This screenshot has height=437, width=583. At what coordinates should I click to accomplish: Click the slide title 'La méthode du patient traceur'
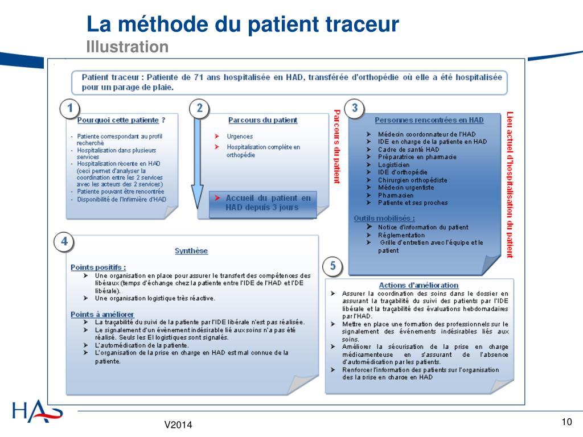coord(243,24)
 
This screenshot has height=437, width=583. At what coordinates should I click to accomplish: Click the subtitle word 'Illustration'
coord(127,47)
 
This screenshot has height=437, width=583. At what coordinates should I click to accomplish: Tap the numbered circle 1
coord(70,108)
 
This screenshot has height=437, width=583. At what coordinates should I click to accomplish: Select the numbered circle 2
coord(199,108)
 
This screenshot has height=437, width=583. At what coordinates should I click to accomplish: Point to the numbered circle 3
coord(355,108)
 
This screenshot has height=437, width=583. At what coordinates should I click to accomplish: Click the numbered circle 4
coord(64,242)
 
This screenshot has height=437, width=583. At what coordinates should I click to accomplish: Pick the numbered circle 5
coord(333,266)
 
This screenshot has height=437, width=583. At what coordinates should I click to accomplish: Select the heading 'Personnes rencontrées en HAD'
coord(429,120)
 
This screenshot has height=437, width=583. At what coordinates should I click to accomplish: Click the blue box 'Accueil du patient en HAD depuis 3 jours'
coord(262,203)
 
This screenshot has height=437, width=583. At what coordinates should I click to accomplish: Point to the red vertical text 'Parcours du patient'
coord(336,146)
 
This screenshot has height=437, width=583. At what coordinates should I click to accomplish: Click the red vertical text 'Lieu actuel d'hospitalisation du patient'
coord(510,184)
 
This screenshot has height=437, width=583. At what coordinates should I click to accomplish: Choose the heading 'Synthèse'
coord(191,251)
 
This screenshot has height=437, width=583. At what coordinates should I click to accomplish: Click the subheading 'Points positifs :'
coord(98,267)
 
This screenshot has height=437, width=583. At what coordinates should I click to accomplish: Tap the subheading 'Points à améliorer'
coord(102,314)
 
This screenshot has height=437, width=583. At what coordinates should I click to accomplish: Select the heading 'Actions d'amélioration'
coord(418,285)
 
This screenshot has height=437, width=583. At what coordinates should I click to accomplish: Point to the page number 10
coord(566,422)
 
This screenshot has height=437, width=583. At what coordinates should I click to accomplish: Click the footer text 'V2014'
coord(178,425)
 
